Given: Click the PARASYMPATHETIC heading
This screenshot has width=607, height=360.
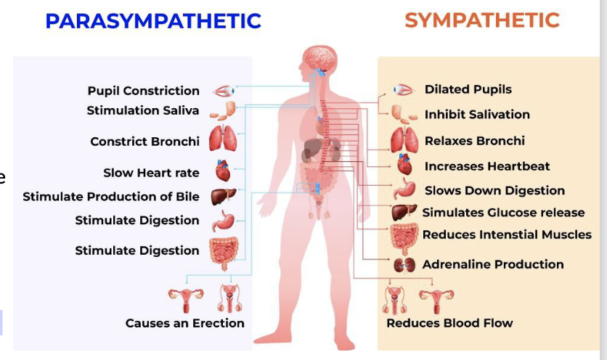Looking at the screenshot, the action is pyautogui.click(x=152, y=20).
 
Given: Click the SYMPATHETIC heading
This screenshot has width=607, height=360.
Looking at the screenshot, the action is pyautogui.click(x=482, y=20).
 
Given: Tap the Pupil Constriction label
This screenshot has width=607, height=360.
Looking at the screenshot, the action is pyautogui.click(x=143, y=91).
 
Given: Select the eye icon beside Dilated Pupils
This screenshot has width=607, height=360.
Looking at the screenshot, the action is pyautogui.click(x=402, y=90).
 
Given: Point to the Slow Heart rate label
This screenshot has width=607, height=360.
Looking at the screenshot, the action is pyautogui.click(x=151, y=173).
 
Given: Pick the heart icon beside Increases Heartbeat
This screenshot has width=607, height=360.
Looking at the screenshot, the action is pyautogui.click(x=404, y=165).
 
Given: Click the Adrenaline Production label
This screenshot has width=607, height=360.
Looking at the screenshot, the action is pyautogui.click(x=493, y=264).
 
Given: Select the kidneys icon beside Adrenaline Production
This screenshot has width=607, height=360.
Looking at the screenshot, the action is pyautogui.click(x=404, y=265).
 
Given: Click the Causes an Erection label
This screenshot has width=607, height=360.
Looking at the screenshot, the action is pyautogui.click(x=184, y=323).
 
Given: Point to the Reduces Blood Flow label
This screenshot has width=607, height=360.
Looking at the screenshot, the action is pyautogui.click(x=449, y=323).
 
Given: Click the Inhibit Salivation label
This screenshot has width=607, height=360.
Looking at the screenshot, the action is pyautogui.click(x=477, y=114).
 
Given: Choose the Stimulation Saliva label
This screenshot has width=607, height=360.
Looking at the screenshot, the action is pyautogui.click(x=142, y=110).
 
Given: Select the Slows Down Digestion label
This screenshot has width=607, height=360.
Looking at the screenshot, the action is pyautogui.click(x=494, y=190).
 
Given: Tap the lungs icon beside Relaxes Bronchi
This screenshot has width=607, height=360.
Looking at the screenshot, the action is pyautogui.click(x=404, y=139).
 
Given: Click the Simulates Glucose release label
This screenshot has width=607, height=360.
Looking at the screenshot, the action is pyautogui.click(x=503, y=213).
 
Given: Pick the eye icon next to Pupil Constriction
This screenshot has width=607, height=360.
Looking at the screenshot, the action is pyautogui.click(x=223, y=91).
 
